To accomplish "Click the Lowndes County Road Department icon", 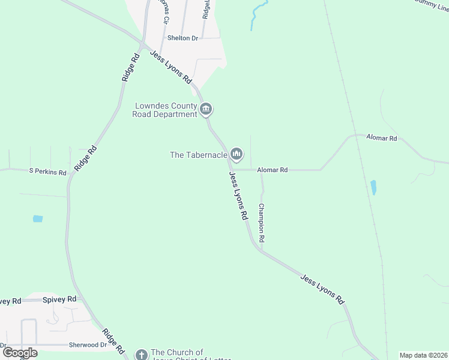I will pyautogui.click(x=206, y=109).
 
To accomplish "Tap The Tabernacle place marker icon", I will pyautogui.click(x=237, y=155).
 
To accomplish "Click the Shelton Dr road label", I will pyautogui.click(x=182, y=38).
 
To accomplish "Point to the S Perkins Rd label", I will pyautogui.click(x=47, y=172).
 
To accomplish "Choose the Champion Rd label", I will pyautogui.click(x=262, y=222).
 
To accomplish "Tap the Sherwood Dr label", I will pyautogui.click(x=88, y=345).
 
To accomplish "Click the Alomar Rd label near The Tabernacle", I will pyautogui.click(x=273, y=170).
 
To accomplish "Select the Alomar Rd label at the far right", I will pyautogui.click(x=385, y=138).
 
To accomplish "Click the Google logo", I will pyautogui.click(x=20, y=353).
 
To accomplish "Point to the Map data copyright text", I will pyautogui.click(x=424, y=355).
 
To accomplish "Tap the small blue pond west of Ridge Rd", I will pyautogui.click(x=38, y=219).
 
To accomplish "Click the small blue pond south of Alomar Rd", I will pyautogui.click(x=374, y=187).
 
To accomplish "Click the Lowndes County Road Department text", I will pyautogui.click(x=166, y=110).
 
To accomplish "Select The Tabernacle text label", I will pyautogui.click(x=199, y=155).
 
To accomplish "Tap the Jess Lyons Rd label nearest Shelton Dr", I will pyautogui.click(x=170, y=67).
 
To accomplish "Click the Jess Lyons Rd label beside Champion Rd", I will pyautogui.click(x=239, y=196).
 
